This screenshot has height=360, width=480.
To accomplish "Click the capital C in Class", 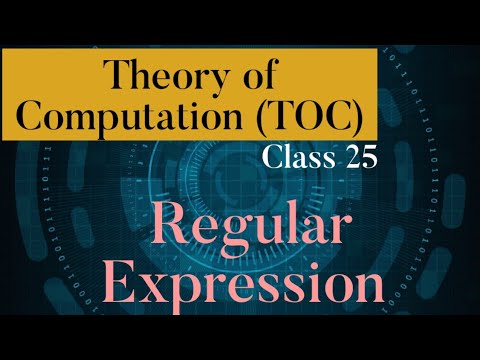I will (272, 158).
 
